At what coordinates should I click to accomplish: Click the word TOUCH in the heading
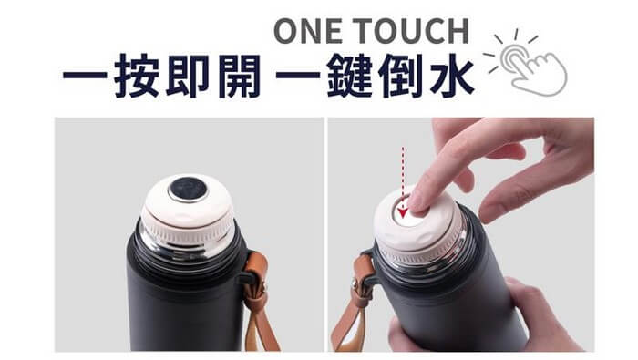pyautogui.click(x=410, y=31)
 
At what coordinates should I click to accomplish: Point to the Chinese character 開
pyautogui.click(x=239, y=76)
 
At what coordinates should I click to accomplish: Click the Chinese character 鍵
pyautogui.click(x=350, y=76)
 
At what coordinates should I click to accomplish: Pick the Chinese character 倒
pyautogui.click(x=400, y=76)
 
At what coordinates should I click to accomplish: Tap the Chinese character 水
pyautogui.click(x=452, y=76)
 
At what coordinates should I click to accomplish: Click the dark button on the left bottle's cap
pyautogui.click(x=188, y=190)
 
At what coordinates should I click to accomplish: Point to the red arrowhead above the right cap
pyautogui.click(x=403, y=212)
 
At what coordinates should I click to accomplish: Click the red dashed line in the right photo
pyautogui.click(x=403, y=178)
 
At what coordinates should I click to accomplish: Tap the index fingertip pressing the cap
pyautogui.click(x=418, y=202)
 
